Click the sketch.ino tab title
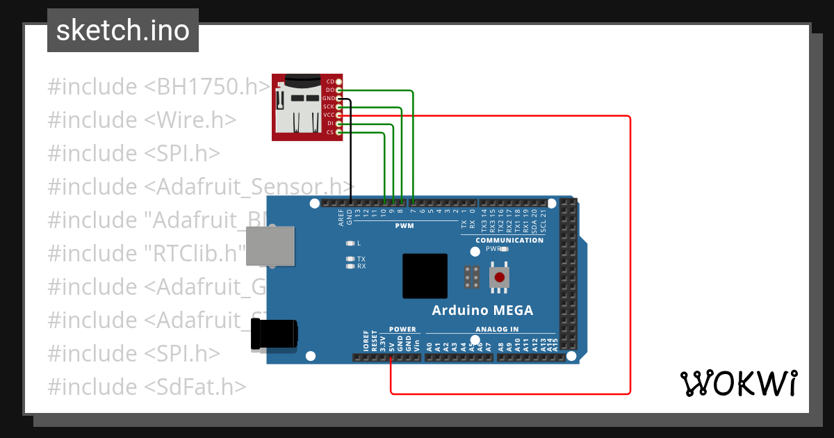point(122,31)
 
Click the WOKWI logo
point(738,383)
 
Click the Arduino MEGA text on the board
point(482,310)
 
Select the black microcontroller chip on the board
point(425,276)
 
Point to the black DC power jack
point(274,334)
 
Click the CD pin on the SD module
point(338,82)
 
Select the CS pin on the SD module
point(338,132)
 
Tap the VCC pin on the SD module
point(338,115)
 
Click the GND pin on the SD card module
point(338,99)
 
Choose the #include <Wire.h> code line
point(142,120)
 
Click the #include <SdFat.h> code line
point(147,387)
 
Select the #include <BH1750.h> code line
point(158,87)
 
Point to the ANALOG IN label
point(497,330)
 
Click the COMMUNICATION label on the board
point(509,241)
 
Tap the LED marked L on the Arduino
point(350,243)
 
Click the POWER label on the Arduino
point(402,330)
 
